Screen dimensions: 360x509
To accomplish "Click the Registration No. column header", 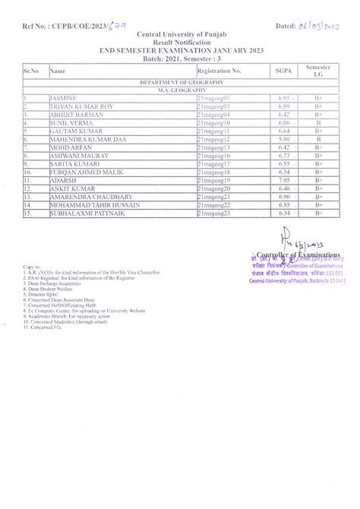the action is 219,71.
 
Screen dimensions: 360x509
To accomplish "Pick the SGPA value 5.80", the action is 284,140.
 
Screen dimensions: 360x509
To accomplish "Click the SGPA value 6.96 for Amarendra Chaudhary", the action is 284,197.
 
